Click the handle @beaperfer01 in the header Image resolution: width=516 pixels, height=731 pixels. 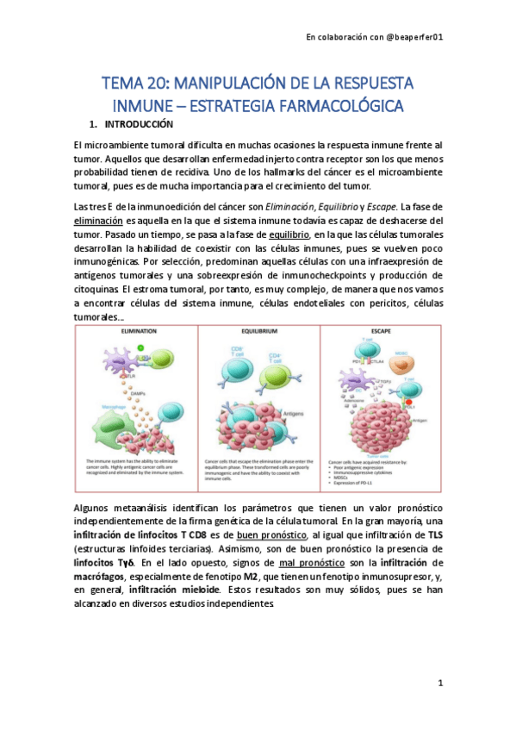(413, 37)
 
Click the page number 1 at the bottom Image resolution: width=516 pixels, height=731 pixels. (439, 684)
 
